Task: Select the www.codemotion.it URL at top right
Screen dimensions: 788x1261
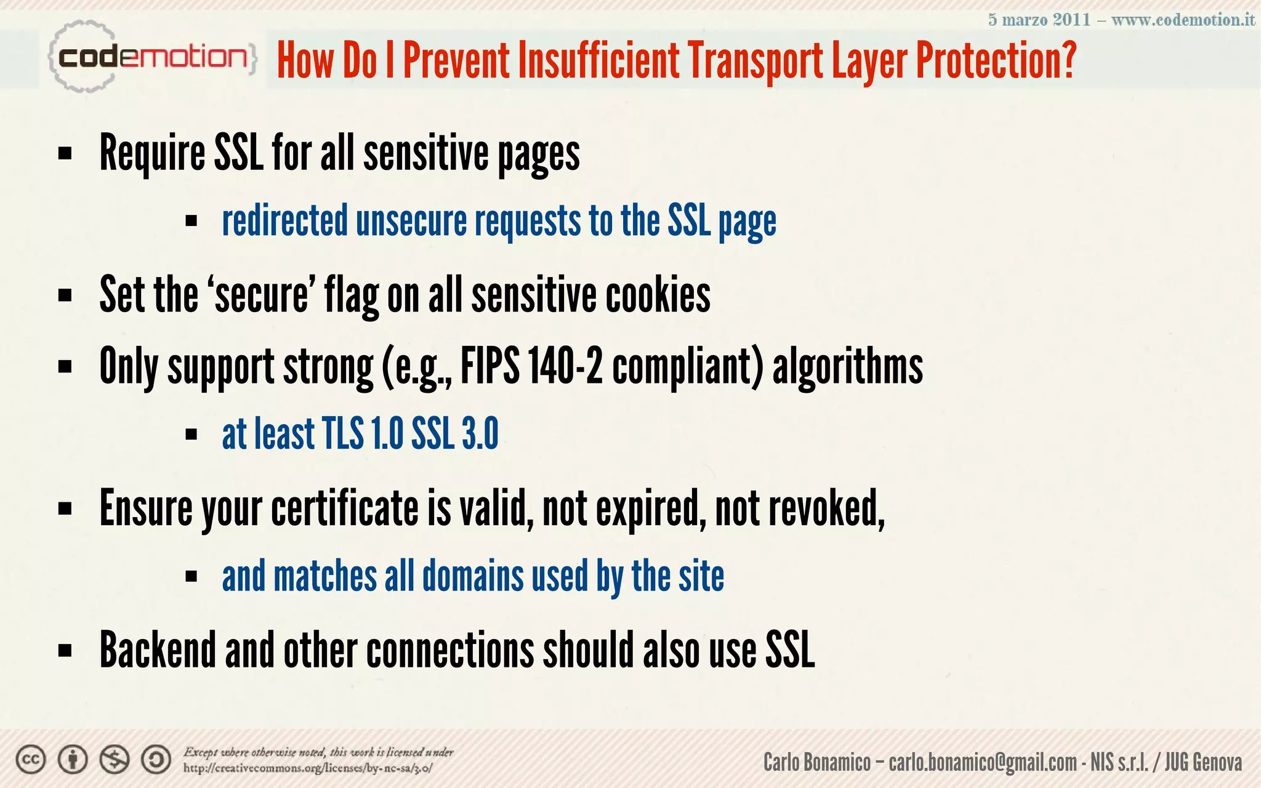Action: point(1183,20)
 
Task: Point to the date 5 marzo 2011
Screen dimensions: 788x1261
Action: point(1039,20)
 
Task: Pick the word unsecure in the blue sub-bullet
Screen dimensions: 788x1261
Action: point(411,221)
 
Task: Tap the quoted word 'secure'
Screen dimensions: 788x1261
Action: point(262,295)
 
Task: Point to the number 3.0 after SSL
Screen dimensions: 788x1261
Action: point(480,434)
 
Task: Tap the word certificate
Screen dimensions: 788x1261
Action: point(345,509)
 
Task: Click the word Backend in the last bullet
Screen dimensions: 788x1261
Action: point(157,650)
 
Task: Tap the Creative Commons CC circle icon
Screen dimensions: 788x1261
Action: point(30,760)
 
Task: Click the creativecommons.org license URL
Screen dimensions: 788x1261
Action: point(308,768)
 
